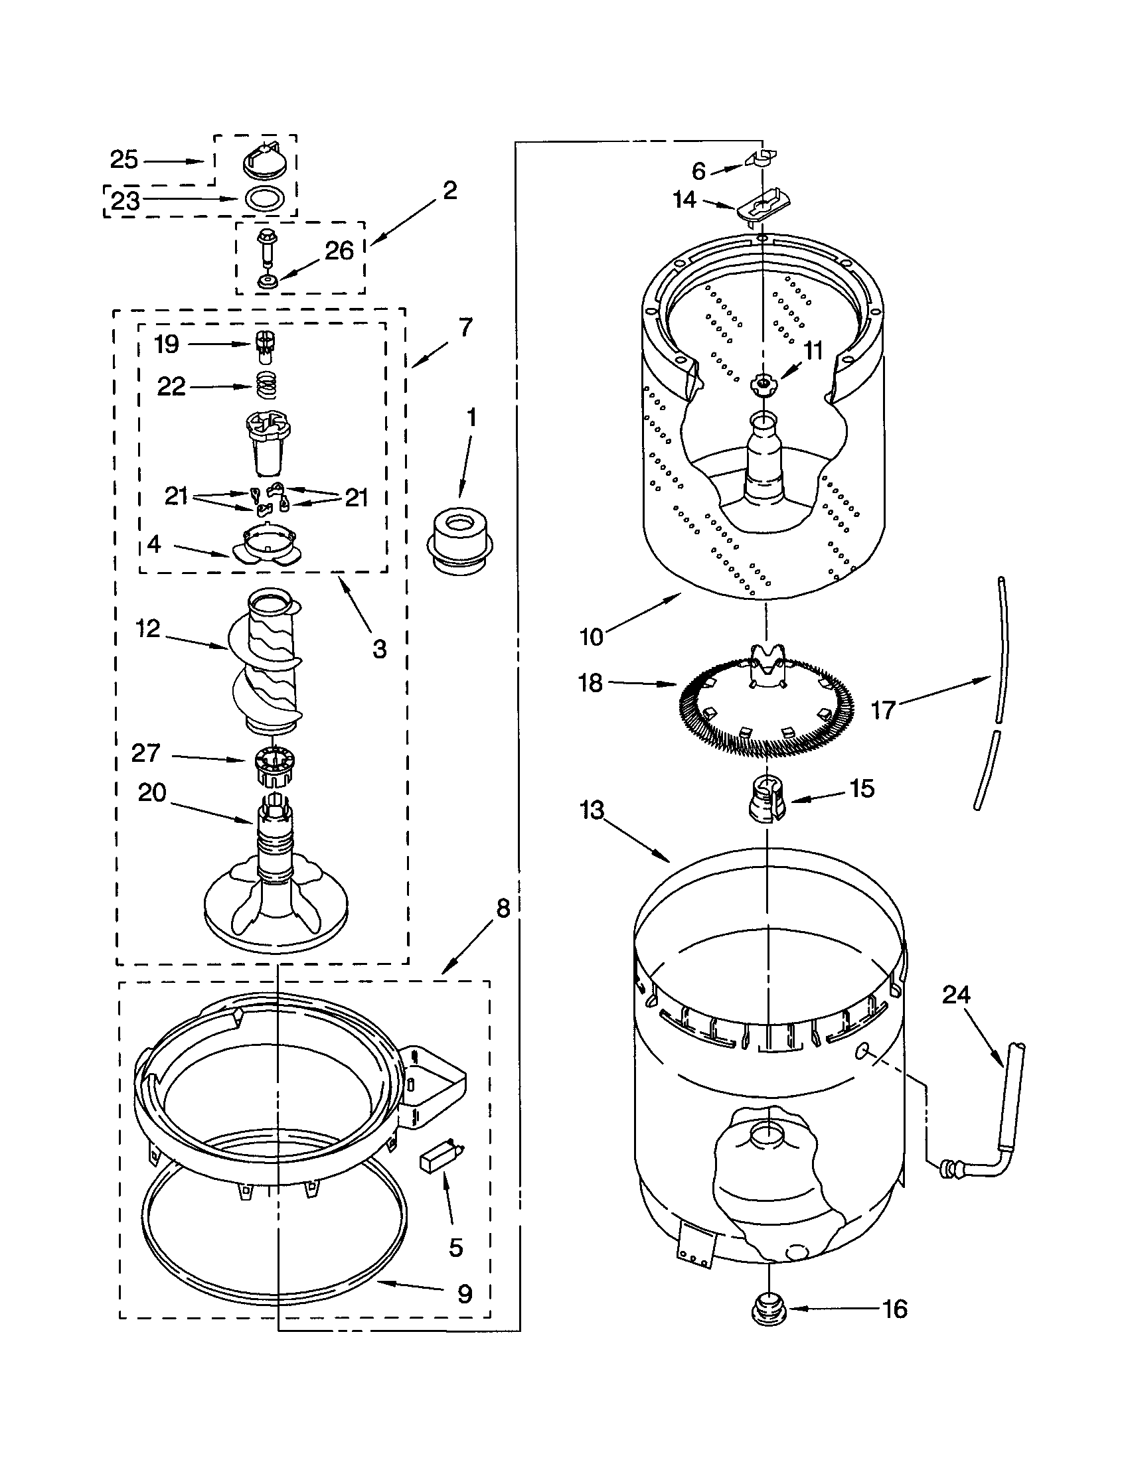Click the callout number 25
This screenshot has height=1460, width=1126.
pyautogui.click(x=123, y=160)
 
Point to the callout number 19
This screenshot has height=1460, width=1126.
pyautogui.click(x=167, y=344)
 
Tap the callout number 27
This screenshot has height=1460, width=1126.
pyautogui.click(x=146, y=753)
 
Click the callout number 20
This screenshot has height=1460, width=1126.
pyautogui.click(x=152, y=793)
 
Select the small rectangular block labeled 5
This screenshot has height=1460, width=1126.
pyautogui.click(x=434, y=1164)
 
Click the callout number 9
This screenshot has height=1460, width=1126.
pyautogui.click(x=465, y=1294)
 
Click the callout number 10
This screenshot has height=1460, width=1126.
pyautogui.click(x=591, y=637)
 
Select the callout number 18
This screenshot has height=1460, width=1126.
pyautogui.click(x=590, y=683)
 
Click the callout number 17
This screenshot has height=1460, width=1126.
pyautogui.click(x=883, y=710)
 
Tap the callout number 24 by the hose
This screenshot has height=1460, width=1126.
pyautogui.click(x=956, y=995)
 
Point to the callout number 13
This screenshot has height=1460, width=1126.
pyautogui.click(x=592, y=810)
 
